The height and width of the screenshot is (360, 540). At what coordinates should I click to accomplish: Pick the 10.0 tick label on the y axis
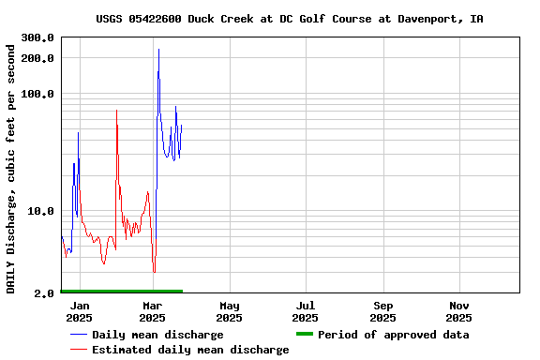40,211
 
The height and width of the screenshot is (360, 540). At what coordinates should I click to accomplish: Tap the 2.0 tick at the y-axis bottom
44,293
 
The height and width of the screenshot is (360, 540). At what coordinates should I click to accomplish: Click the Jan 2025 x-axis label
80,311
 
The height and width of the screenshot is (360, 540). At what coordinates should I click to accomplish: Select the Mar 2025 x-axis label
153,311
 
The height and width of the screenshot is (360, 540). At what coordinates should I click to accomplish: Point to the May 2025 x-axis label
230,311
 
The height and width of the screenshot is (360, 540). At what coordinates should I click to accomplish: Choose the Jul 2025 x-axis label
306,311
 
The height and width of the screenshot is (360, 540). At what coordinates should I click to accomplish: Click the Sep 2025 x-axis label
382,311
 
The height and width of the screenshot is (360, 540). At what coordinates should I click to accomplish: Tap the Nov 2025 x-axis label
459,311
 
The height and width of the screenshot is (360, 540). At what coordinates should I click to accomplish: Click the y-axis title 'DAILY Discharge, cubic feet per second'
11,166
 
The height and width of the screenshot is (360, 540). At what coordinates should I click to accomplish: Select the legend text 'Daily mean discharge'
157,335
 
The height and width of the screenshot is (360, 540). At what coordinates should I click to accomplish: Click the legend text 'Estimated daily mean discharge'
190,350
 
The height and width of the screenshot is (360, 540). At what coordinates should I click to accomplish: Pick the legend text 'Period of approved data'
393,335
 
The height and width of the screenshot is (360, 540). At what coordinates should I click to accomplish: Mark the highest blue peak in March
158,50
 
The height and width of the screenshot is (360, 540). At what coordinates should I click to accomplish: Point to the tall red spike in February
116,111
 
